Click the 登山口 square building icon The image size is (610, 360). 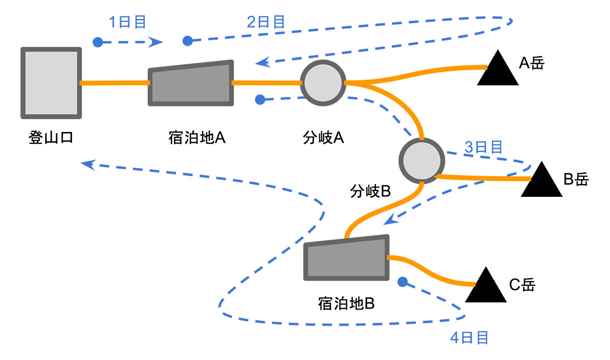point(51,83)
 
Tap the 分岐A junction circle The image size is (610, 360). point(323,83)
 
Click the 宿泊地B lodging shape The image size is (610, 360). point(347,258)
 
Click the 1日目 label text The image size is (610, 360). point(127,22)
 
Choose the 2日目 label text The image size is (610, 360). point(266,22)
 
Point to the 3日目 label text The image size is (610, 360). point(483,147)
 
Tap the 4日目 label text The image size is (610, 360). point(469,338)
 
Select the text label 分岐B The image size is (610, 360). point(370,192)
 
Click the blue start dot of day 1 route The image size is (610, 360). point(98,42)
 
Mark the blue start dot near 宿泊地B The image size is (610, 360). point(403,282)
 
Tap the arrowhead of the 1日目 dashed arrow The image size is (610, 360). point(156,42)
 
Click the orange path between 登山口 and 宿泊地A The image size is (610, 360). point(114,83)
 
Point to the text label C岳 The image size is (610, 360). point(523,285)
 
